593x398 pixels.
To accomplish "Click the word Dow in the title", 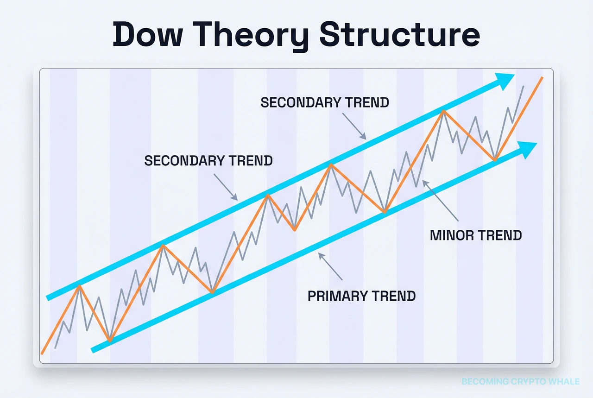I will pyautogui.click(x=149, y=35).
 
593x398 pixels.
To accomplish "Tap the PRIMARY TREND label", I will pyautogui.click(x=362, y=296).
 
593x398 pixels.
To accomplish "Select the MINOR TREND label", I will pyautogui.click(x=476, y=235).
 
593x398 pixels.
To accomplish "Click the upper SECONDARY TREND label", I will pyautogui.click(x=325, y=102).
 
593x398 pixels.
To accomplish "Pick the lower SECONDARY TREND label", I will pyautogui.click(x=208, y=161).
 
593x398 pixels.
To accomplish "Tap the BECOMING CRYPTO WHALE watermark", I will pyautogui.click(x=520, y=381).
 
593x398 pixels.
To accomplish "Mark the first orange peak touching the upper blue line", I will pyautogui.click(x=80, y=286).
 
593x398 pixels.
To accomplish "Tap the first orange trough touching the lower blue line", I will pyautogui.click(x=110, y=341).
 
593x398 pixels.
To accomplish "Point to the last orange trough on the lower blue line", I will pyautogui.click(x=495, y=160).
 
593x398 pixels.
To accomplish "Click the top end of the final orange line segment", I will pyautogui.click(x=542, y=78).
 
